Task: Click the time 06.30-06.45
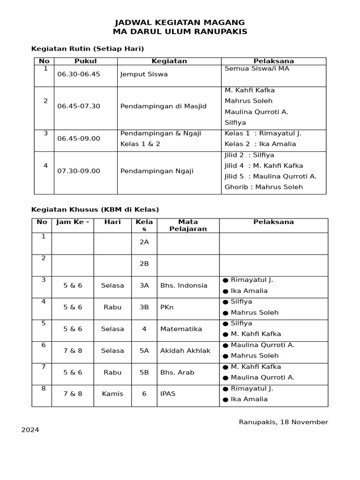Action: click(79, 74)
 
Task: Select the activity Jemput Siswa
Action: click(144, 74)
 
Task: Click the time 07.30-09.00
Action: click(79, 171)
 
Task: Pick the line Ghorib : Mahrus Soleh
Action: click(263, 187)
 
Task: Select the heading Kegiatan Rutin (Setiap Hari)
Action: click(87, 49)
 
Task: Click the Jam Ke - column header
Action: click(73, 222)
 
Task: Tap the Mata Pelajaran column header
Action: click(188, 225)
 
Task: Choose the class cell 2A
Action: click(144, 242)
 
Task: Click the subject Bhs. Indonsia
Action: click(184, 285)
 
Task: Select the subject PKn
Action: click(166, 307)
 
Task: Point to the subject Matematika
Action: click(181, 329)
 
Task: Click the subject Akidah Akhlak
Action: click(185, 351)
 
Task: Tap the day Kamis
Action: click(112, 394)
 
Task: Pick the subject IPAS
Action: click(168, 394)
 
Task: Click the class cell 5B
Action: click(144, 372)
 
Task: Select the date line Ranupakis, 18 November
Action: click(283, 422)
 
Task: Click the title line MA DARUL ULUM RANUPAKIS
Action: click(180, 32)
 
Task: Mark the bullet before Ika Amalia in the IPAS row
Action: click(225, 400)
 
